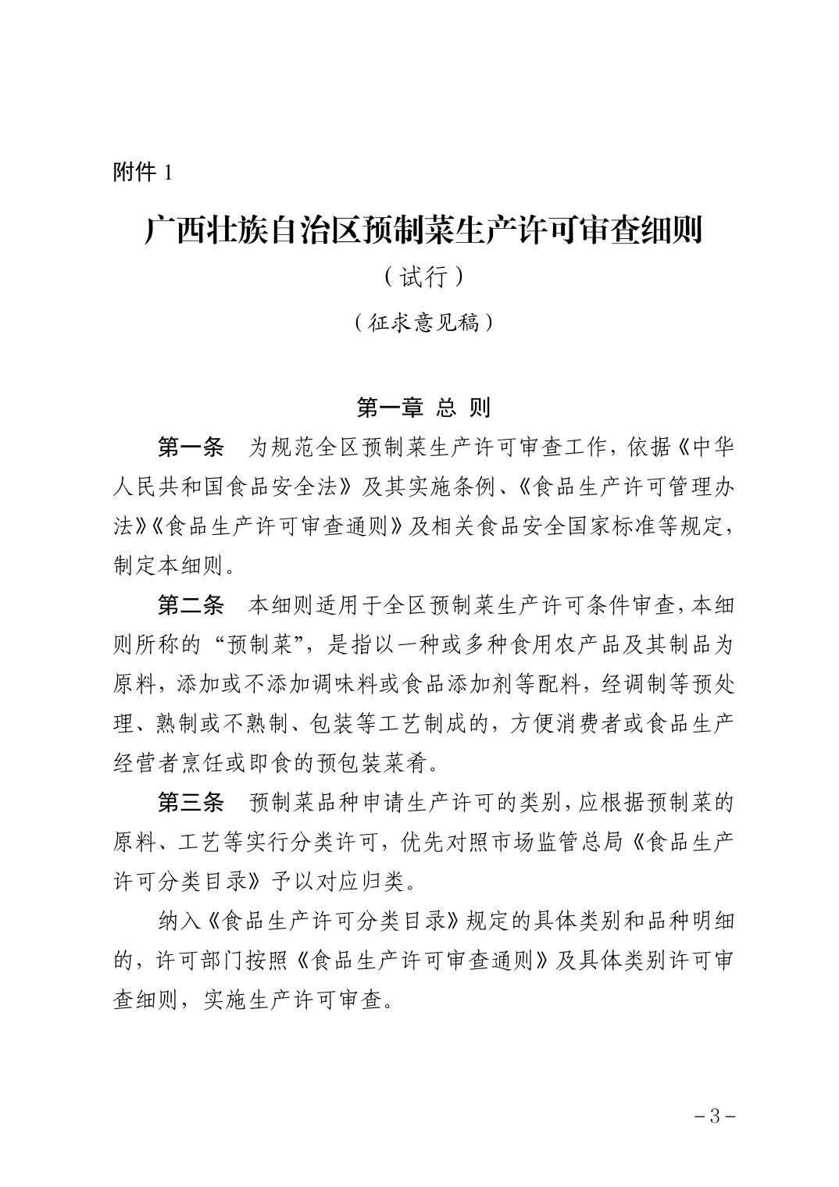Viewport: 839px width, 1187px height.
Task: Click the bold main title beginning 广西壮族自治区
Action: point(423,230)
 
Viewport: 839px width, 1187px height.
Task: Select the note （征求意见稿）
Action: point(423,323)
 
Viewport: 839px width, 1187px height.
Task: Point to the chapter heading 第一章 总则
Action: point(423,407)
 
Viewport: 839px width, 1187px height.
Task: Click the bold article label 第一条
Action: point(191,447)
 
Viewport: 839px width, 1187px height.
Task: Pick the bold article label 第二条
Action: point(191,605)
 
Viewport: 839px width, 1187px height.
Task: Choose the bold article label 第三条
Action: point(191,803)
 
